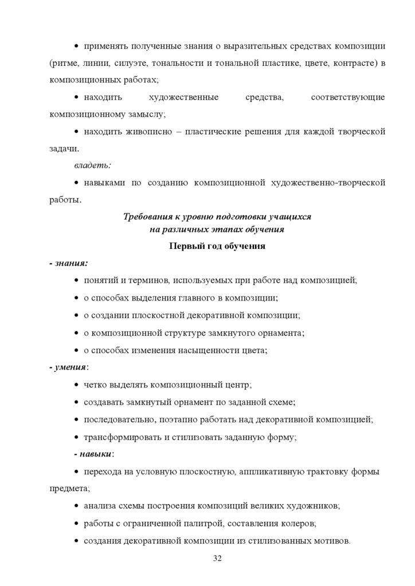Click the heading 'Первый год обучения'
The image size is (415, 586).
217,247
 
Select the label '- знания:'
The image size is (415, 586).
68,263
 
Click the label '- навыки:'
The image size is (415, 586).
95,454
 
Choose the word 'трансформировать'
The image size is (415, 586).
121,437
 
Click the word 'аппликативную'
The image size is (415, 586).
261,472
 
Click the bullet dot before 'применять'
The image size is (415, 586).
77,45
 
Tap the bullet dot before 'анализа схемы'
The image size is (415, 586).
77,506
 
